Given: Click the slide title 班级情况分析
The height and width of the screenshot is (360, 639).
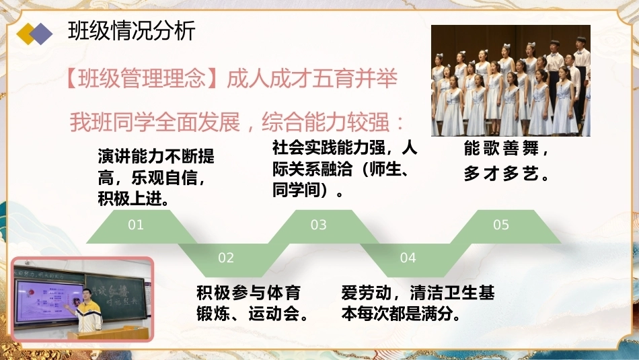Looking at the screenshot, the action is (x=132, y=31).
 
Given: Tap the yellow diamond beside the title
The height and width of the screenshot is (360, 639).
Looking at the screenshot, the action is (x=26, y=34).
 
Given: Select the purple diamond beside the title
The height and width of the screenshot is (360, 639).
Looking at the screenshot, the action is (x=42, y=34).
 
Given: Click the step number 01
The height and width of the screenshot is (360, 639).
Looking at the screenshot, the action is (x=136, y=225).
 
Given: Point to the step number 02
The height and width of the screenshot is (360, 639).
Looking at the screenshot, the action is (x=226, y=258).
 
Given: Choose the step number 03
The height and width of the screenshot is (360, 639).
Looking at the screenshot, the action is (x=318, y=225).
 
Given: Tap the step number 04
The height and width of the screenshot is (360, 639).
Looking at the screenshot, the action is (x=408, y=258).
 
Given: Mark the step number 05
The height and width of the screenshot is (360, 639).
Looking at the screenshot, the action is (x=501, y=225).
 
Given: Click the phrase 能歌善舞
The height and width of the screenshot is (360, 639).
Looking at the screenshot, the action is (x=501, y=148).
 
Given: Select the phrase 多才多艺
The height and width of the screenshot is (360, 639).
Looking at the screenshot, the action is (x=501, y=174).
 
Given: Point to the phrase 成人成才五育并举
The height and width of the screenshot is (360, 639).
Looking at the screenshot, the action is (x=311, y=78).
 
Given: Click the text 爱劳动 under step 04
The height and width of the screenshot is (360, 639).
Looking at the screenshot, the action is (x=366, y=293).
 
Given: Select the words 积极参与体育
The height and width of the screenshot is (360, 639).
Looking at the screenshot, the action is (x=249, y=293).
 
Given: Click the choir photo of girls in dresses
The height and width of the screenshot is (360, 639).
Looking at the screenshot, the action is (x=511, y=81).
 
